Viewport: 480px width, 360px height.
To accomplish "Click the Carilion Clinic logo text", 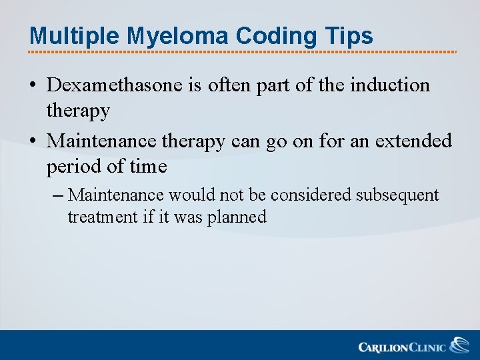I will (x=402, y=347).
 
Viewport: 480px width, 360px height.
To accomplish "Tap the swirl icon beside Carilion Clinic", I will (x=459, y=345).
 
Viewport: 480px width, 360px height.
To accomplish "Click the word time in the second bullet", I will (x=147, y=167).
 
